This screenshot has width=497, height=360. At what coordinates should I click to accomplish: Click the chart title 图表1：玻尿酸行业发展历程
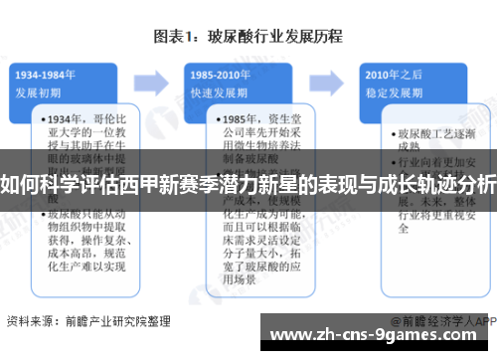[x=248, y=37]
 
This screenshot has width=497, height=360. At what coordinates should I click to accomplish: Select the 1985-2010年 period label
[x=221, y=73]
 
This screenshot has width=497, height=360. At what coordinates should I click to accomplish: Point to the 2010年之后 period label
[x=391, y=73]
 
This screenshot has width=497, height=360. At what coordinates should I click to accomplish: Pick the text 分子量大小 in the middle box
[x=239, y=252]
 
